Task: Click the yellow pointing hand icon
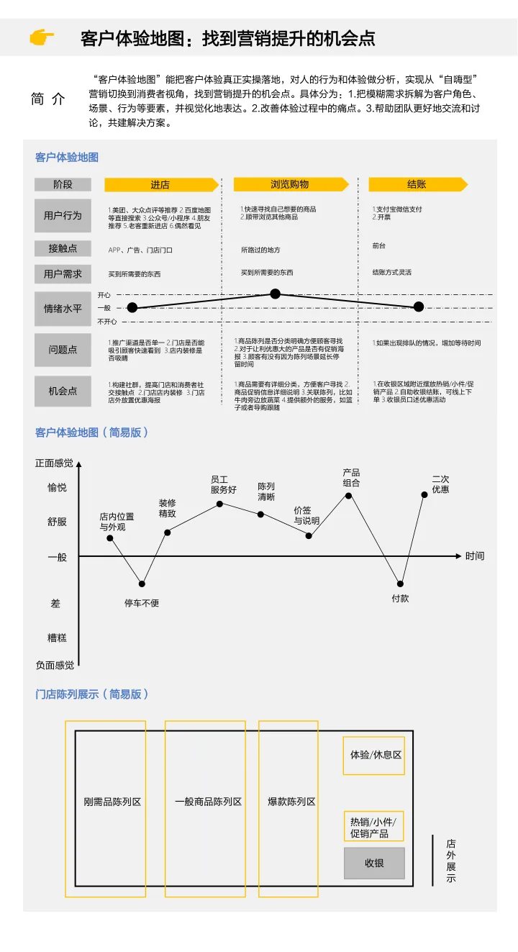pos(42,37)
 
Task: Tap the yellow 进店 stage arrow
pos(160,185)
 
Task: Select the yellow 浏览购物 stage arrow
pos(290,184)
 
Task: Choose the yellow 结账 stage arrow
pos(417,184)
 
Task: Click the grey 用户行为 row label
pos(63,215)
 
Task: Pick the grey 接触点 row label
pos(63,248)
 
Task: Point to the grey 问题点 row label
pos(63,350)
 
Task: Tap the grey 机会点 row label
pos(63,391)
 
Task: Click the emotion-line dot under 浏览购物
pos(275,294)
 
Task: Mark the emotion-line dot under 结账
pos(419,307)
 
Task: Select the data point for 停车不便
pos(142,584)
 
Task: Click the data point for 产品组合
pos(349,495)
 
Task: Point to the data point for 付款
pos(400,584)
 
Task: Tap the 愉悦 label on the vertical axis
pos(57,488)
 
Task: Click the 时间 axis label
pos(475,556)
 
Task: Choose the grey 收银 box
pos(374,863)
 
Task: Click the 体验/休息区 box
pos(374,755)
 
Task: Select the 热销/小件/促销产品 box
pos(373,827)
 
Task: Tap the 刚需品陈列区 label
pos(112,802)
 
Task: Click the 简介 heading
pos(48,99)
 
